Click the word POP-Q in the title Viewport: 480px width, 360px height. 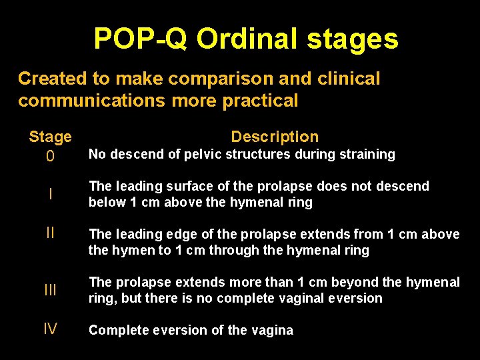tap(141, 39)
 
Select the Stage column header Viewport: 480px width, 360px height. tap(50, 137)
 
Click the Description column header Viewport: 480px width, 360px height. tap(275, 137)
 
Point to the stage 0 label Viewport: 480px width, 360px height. tap(50, 157)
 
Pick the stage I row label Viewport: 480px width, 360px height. tap(50, 194)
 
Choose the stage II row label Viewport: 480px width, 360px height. tap(50, 233)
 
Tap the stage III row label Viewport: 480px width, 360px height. tap(50, 290)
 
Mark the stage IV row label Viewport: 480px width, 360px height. tap(50, 329)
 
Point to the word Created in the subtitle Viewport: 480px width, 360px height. tap(53, 79)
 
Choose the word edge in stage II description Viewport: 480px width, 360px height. tap(182, 234)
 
